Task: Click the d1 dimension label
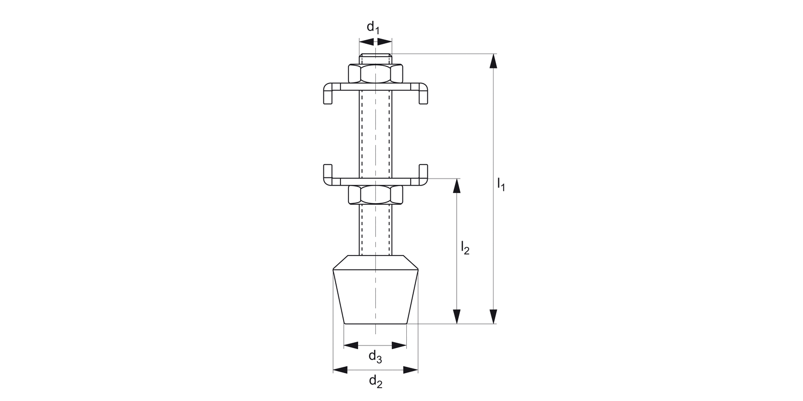(x=373, y=27)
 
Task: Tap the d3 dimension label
(x=375, y=357)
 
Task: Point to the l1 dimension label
(x=501, y=184)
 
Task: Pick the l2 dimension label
(x=465, y=248)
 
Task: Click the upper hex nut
(x=376, y=73)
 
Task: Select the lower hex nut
(x=376, y=195)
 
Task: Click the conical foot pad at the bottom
(x=376, y=290)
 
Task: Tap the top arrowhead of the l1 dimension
(x=494, y=61)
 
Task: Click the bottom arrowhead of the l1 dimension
(x=494, y=317)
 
